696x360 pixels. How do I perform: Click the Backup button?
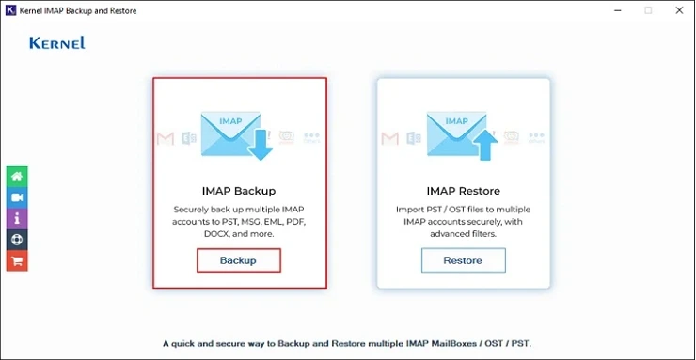tap(238, 259)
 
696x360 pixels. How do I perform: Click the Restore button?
tap(463, 259)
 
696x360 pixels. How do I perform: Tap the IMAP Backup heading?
tap(239, 191)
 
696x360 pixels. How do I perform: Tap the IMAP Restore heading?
tap(463, 191)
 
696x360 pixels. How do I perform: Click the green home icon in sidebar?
tap(16, 177)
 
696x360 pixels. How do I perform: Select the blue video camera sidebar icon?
tap(16, 197)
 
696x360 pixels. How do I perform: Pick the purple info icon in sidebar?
tap(16, 218)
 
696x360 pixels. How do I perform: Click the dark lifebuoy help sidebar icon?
tap(16, 240)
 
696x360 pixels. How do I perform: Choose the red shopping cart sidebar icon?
tap(16, 260)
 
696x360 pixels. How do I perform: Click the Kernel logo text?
tap(57, 43)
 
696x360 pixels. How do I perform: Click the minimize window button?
tap(616, 10)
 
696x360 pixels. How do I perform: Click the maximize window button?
tap(648, 10)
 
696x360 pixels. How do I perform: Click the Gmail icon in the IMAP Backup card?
tap(165, 139)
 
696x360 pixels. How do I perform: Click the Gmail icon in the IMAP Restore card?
tap(389, 139)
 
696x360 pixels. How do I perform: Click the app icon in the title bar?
tap(10, 10)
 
